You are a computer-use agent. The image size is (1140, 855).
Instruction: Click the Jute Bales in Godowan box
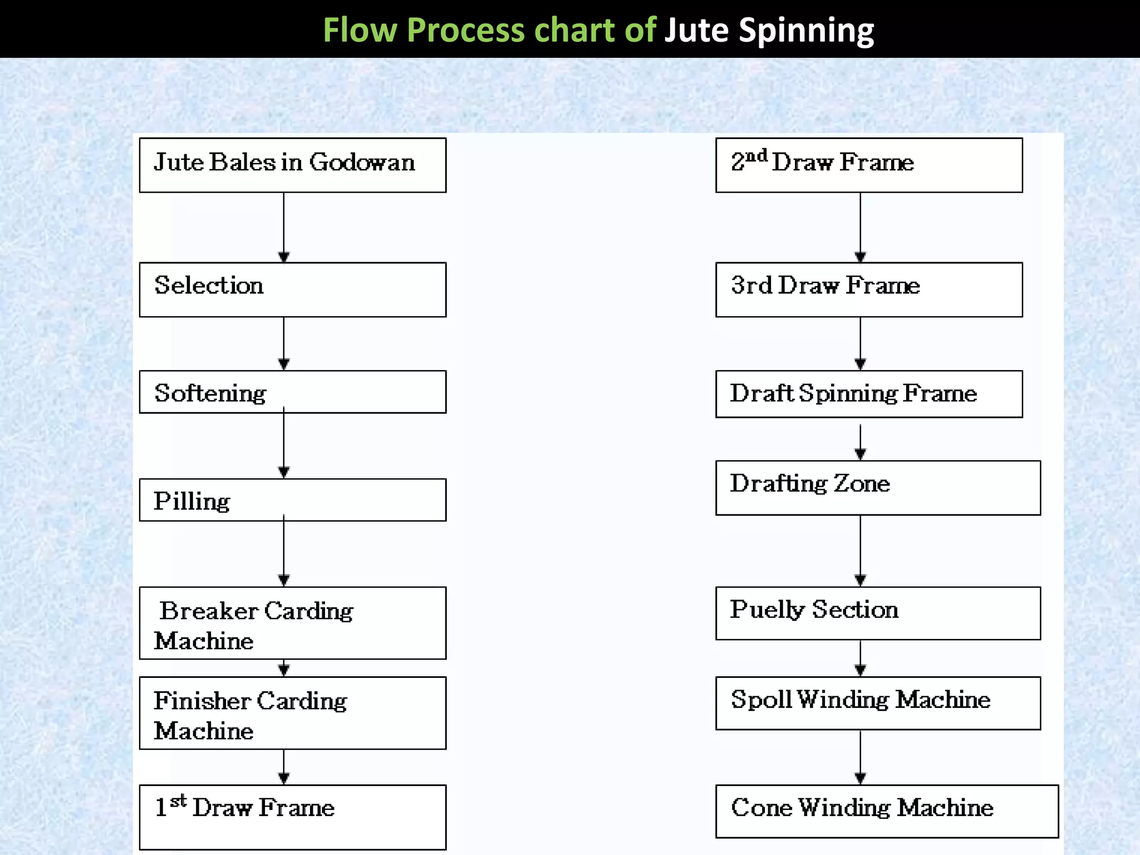(x=292, y=165)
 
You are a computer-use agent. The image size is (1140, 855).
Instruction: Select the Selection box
(x=292, y=289)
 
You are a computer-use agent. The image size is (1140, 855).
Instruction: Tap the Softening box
(x=292, y=392)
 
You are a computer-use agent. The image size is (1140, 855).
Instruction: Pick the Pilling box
(x=292, y=500)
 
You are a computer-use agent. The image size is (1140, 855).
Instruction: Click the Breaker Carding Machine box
(x=292, y=623)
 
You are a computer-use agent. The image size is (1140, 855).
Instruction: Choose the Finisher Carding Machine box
(x=292, y=713)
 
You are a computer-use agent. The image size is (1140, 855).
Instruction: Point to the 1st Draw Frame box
(x=292, y=817)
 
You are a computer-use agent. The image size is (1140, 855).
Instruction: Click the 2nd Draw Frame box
(x=868, y=165)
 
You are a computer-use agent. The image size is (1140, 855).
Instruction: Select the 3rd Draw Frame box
(x=868, y=289)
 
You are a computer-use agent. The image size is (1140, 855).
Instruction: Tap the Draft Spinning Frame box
(x=868, y=394)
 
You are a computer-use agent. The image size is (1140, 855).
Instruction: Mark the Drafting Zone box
(x=877, y=488)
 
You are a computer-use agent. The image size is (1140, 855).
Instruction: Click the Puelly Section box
(x=877, y=613)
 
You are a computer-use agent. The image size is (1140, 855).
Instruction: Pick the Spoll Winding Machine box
(x=877, y=703)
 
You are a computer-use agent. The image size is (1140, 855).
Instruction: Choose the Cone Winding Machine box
(x=886, y=811)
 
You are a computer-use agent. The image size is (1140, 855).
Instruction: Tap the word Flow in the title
(x=360, y=30)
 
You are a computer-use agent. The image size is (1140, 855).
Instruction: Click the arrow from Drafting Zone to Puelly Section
(x=860, y=551)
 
